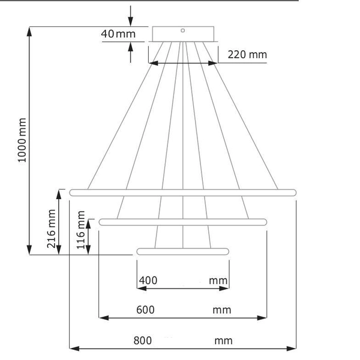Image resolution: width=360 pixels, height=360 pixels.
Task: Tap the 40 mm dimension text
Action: click(118, 34)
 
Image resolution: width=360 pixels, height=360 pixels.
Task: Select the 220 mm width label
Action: click(247, 55)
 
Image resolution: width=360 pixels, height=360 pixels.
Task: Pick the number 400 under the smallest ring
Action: click(148, 280)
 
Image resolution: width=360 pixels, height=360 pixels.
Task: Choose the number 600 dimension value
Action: click(145, 310)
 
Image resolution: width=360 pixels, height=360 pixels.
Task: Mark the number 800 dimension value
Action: click(142, 340)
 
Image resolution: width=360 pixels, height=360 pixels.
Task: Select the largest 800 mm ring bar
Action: click(183, 193)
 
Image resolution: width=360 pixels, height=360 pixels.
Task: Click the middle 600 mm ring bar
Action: click(183, 222)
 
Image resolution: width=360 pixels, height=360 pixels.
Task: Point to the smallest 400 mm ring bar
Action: click(183, 251)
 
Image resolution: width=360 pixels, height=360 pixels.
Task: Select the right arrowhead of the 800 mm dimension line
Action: click(293, 348)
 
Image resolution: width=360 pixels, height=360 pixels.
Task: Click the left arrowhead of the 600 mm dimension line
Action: click(102, 318)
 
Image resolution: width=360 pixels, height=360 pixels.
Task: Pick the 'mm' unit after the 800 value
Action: click(223, 340)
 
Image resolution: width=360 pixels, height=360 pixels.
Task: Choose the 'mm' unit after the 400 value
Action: click(218, 280)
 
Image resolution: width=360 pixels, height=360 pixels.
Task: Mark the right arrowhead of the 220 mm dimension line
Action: click(214, 62)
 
